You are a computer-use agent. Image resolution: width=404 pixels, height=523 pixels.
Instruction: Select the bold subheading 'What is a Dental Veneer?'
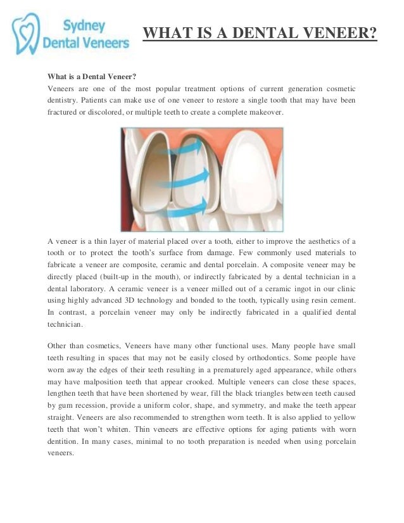(92, 76)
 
